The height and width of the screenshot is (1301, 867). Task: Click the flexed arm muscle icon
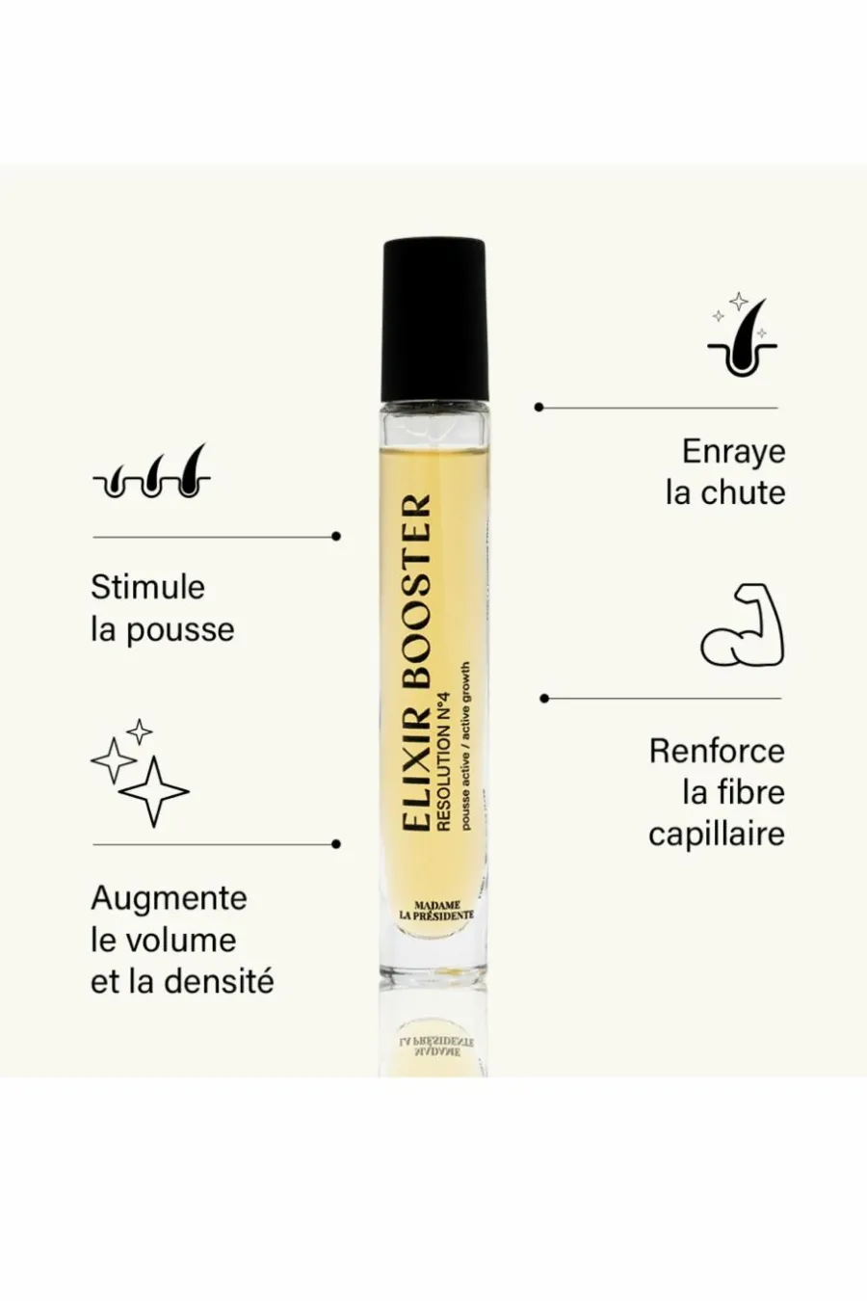pos(742,624)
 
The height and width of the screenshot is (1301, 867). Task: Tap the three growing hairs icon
pos(151,471)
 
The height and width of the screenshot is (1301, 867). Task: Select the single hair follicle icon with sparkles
pos(743,334)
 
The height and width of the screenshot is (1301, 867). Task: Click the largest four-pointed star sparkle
pos(154,791)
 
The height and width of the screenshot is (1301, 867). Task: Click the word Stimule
pos(148,587)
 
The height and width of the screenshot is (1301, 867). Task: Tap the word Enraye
pos(733,452)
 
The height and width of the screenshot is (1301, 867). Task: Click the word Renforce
pos(717,751)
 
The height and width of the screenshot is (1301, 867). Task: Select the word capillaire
pos(717,836)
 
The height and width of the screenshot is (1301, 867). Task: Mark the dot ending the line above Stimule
pos(335,536)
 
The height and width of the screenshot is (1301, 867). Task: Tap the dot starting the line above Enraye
pos(539,407)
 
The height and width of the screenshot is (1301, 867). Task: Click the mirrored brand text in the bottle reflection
pos(436,1047)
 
